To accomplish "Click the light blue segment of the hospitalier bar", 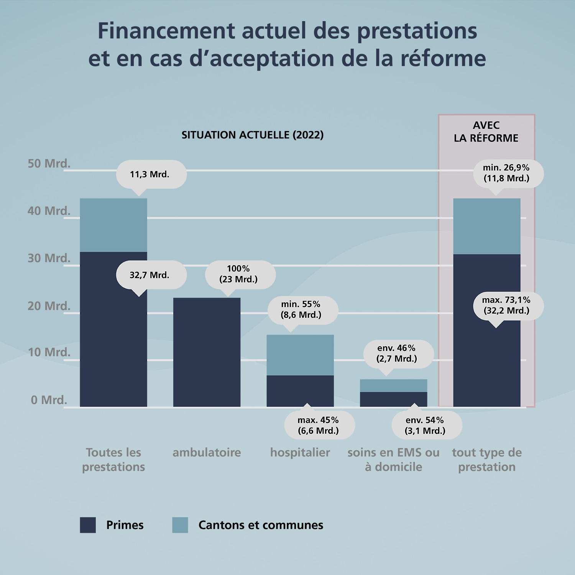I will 300,355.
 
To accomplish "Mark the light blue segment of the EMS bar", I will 393,385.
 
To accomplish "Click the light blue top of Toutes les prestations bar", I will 113,225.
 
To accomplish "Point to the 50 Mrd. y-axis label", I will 49,164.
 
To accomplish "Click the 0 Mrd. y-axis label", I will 49,400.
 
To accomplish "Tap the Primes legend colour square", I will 88,525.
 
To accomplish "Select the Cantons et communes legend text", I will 261,525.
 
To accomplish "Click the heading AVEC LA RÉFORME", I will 486,131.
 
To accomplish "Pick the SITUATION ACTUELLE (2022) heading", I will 253,135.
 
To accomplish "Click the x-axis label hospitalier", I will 300,452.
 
